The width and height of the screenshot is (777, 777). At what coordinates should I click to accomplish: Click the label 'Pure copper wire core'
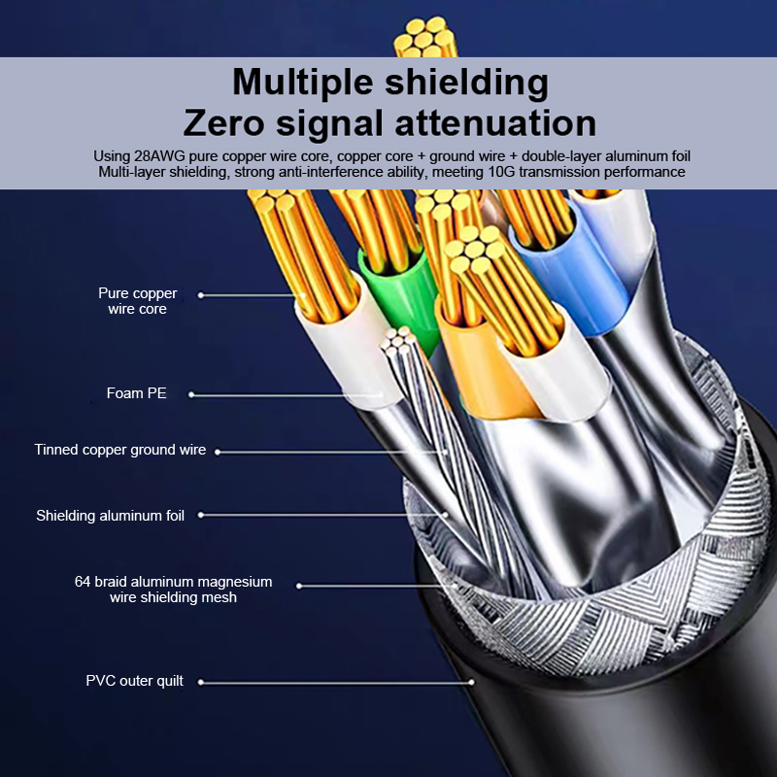pos(137,301)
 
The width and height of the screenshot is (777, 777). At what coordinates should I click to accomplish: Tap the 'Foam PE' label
pos(136,393)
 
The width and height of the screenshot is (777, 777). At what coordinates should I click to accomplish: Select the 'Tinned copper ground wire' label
pos(119,450)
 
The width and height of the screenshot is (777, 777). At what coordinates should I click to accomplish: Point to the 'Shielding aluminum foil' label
pos(110,516)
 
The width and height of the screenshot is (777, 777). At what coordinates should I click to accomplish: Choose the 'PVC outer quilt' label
pos(134,681)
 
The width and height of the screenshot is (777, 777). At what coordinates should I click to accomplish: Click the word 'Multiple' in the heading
pos(302,82)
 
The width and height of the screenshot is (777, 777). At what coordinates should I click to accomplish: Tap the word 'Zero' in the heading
pos(223,123)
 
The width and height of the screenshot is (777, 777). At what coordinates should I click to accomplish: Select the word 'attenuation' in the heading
pos(495,123)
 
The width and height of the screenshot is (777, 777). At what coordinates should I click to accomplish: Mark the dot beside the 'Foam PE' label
pos(191,394)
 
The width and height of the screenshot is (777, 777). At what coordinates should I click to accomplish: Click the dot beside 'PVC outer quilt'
pos(201,683)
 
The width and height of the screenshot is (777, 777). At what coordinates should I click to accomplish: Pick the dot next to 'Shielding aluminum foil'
pos(201,515)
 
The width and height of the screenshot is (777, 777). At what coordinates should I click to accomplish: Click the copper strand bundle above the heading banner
pos(424,38)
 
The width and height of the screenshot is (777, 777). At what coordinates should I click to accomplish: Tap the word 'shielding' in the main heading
pos(466,84)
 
